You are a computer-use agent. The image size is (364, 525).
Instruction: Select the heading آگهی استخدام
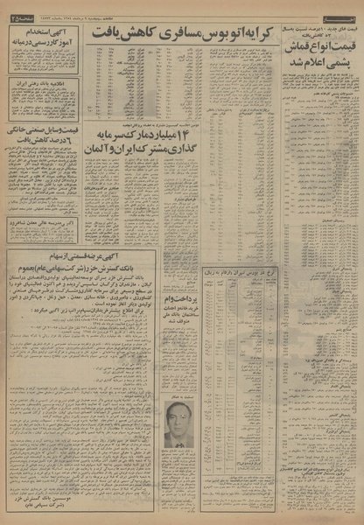point(43,31)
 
